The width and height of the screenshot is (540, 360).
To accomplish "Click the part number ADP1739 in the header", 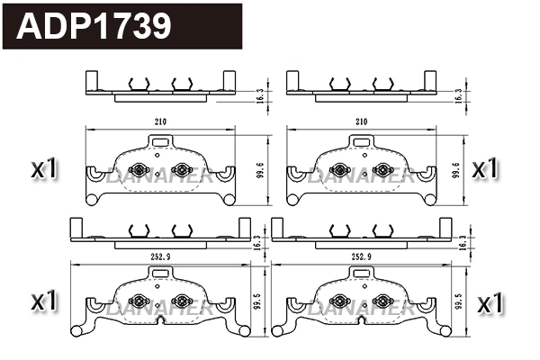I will [x=95, y=26].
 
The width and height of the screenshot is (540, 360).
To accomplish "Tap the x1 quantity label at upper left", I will [x=44, y=167].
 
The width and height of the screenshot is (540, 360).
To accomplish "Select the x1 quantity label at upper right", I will [x=485, y=167].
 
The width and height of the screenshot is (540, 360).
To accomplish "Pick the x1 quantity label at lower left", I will [x=44, y=301].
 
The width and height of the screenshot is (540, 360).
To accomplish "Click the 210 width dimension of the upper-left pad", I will [x=160, y=121].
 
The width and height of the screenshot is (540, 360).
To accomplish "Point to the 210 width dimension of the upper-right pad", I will [x=362, y=121].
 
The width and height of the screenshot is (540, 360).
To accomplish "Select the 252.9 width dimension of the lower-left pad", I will [x=160, y=256].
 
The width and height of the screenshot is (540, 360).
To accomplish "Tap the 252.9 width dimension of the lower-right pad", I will [x=362, y=256].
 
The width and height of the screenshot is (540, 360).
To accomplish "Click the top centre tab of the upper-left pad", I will [x=160, y=141].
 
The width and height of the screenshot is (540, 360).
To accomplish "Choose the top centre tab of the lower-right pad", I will [x=362, y=274].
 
